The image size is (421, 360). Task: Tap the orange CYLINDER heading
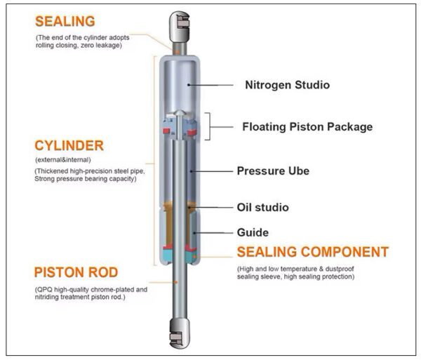(69, 146)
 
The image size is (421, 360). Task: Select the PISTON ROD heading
(76, 272)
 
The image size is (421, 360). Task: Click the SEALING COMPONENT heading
(312, 252)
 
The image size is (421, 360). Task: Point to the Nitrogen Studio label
(287, 86)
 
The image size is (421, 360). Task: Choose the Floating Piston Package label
(307, 127)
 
